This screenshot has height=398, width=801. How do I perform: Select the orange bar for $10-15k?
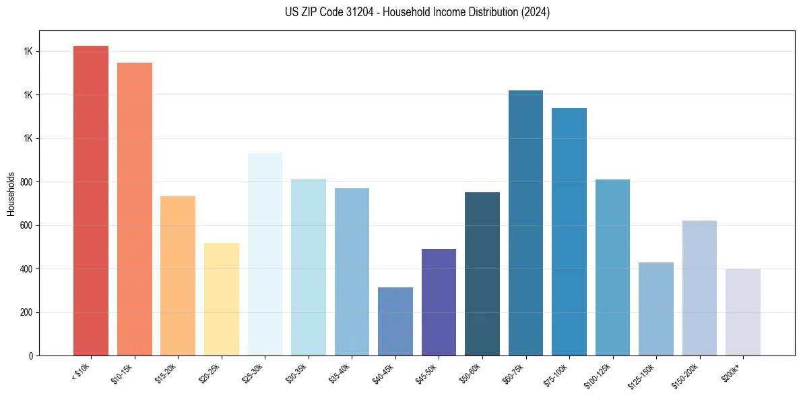coord(134,209)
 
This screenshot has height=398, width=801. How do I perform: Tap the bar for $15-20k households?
coord(178,276)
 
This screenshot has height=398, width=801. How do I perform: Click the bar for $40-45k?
coord(395,321)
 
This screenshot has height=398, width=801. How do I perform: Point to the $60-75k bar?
coord(525,223)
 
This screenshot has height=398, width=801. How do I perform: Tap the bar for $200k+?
coord(742,312)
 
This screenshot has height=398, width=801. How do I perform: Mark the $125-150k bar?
coord(655,309)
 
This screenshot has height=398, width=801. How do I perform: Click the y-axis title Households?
coord(11,193)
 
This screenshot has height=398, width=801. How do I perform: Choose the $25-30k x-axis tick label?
coord(253,373)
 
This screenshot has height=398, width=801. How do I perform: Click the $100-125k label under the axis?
coord(598,375)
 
